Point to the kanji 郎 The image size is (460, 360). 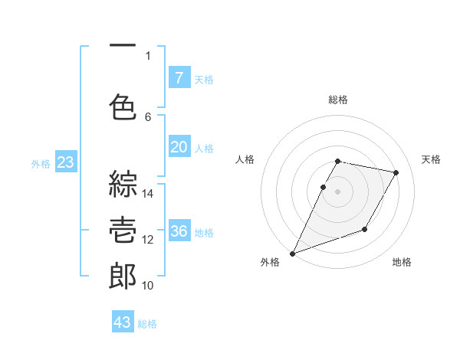click(x=123, y=276)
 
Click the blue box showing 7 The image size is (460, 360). click(x=179, y=77)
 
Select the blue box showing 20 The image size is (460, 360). click(x=179, y=147)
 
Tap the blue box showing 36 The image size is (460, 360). click(x=179, y=231)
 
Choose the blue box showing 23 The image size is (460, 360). click(x=65, y=162)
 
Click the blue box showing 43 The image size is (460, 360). click(x=123, y=322)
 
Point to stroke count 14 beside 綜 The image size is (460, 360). click(x=148, y=194)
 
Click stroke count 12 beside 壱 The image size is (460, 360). click(x=148, y=240)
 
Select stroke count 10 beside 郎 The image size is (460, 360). click(x=148, y=286)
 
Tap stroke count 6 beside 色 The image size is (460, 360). click(x=148, y=116)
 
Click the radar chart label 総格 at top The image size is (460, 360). click(x=338, y=100)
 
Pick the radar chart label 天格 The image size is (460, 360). click(x=432, y=159)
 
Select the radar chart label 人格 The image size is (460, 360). click(x=245, y=159)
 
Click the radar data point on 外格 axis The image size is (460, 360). click(x=292, y=253)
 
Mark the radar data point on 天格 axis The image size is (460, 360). click(x=396, y=173)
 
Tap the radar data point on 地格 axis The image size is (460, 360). click(x=365, y=229)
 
